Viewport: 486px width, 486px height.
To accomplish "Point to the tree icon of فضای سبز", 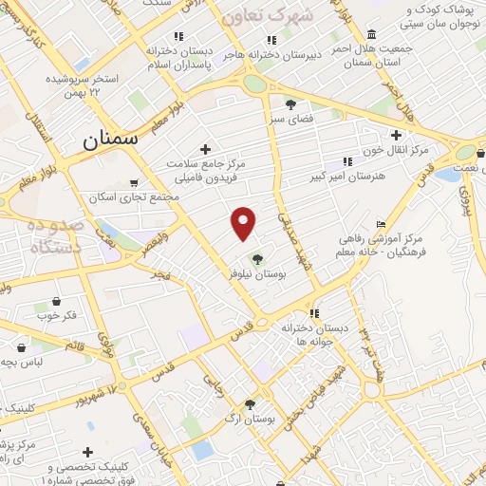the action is pos(290,104).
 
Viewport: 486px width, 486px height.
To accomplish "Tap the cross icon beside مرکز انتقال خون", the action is pos(396,136).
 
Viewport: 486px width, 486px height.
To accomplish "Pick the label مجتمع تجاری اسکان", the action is pos(144,196).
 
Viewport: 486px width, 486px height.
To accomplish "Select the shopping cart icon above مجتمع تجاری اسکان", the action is pos(134,182).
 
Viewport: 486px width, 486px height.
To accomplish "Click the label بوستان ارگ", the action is pos(251,418).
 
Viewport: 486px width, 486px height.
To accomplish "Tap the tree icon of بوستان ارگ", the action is pos(251,403).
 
